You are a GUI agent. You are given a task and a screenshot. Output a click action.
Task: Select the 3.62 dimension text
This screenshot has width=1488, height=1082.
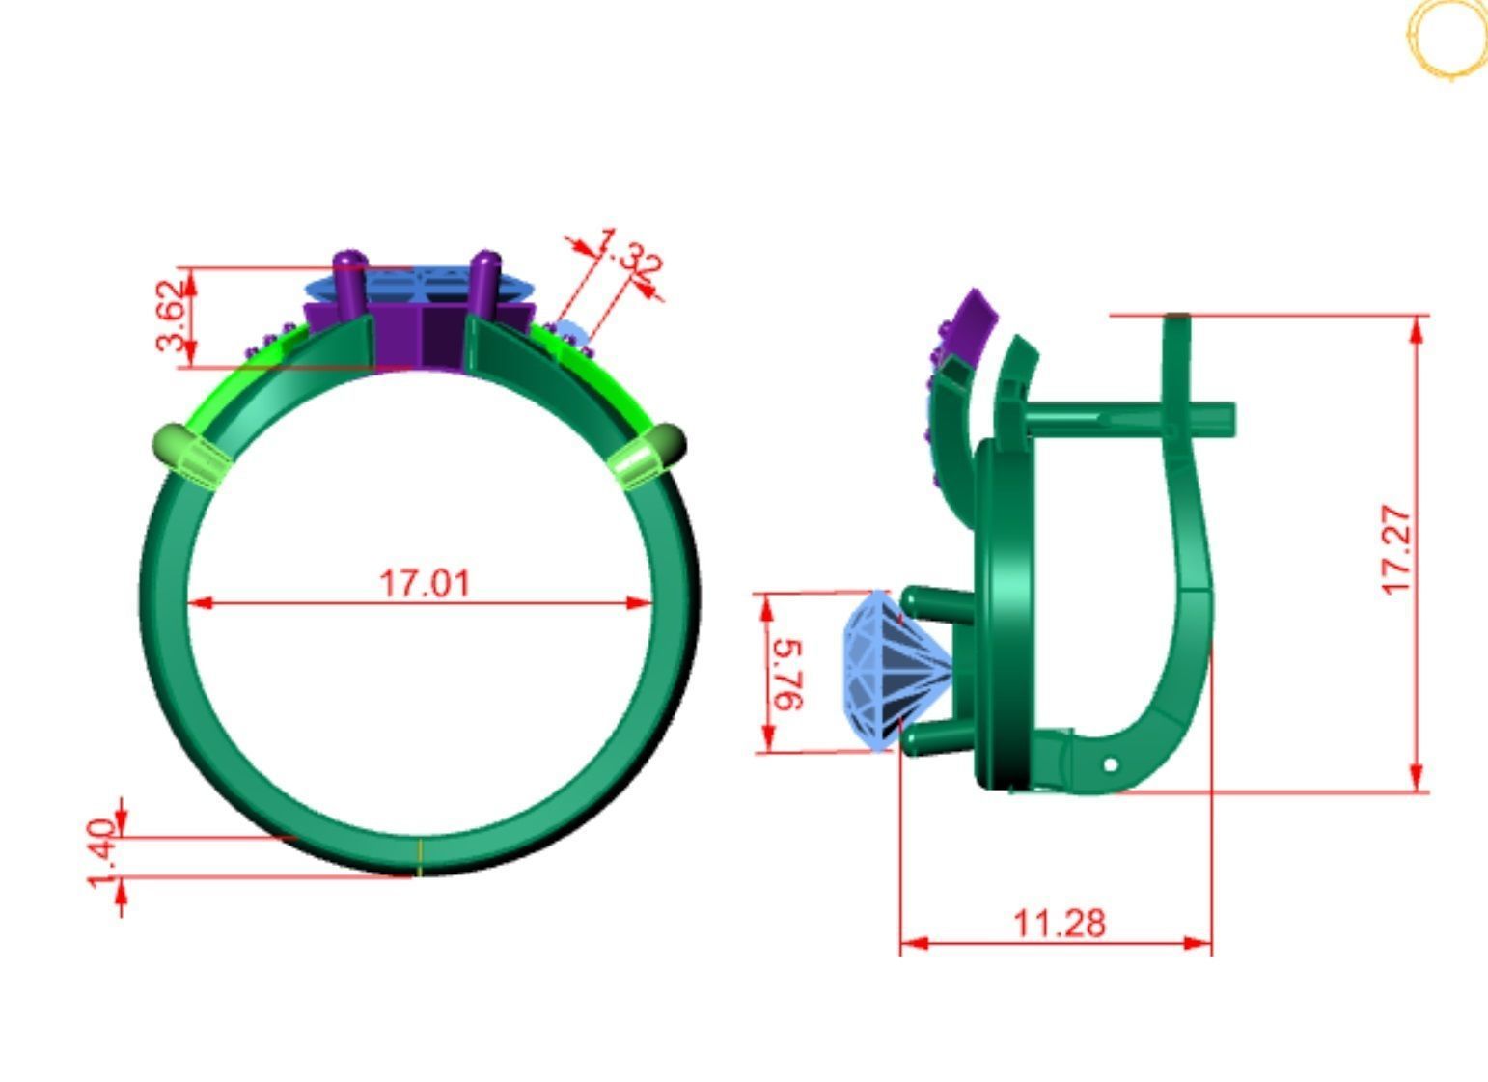point(170,316)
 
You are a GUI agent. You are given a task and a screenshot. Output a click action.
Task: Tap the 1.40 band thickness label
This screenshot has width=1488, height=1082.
point(102,853)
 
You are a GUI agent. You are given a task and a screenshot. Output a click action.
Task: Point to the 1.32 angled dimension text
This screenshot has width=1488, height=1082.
point(627,254)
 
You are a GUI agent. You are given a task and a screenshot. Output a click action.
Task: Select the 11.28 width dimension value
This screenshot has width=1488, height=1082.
point(1060,923)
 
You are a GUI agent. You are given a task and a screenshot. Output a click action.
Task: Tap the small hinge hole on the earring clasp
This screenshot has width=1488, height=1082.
point(1110,764)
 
